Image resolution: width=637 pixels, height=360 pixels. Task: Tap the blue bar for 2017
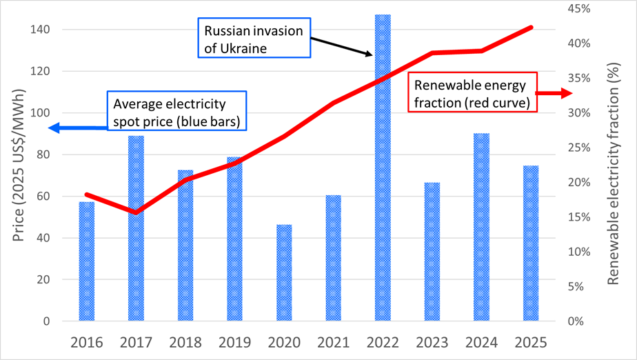pos(136,228)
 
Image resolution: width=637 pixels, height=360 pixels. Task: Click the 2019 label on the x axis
pos(234,342)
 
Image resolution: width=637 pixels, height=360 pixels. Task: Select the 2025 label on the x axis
pos(530,342)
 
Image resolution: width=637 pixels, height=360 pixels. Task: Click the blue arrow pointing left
pos(78,128)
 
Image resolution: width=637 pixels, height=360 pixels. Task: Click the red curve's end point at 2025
pos(531,28)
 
